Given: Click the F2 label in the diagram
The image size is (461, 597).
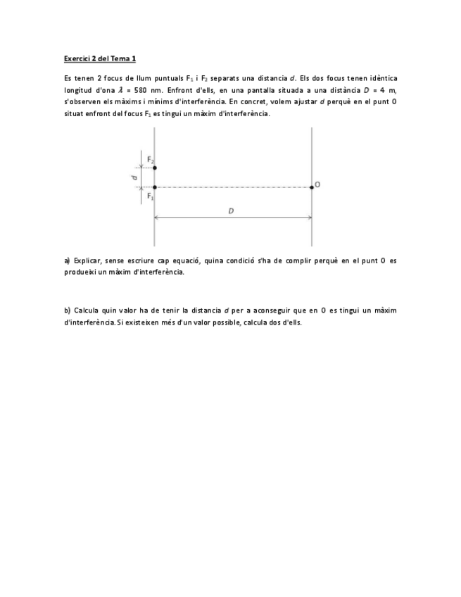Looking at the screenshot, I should pos(151,158).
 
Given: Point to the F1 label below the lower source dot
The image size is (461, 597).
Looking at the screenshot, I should pos(151,196).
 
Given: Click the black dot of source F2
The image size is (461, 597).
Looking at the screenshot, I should pos(155,168).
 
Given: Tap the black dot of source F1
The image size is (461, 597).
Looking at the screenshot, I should pos(155,187).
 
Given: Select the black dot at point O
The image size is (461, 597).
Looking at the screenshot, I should pos(312,187).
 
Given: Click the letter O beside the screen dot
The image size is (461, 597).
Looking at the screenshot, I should pos(318,184).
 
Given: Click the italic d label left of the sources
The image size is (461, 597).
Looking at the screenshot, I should pos(134,178).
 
